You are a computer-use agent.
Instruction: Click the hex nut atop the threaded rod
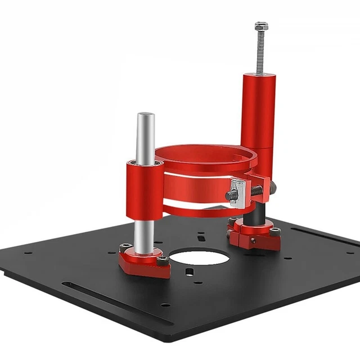coord(261,26)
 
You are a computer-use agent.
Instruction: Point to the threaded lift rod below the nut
coord(260,53)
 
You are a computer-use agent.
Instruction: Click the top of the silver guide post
coord(146,116)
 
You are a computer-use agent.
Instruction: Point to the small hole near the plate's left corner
coord(29,253)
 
